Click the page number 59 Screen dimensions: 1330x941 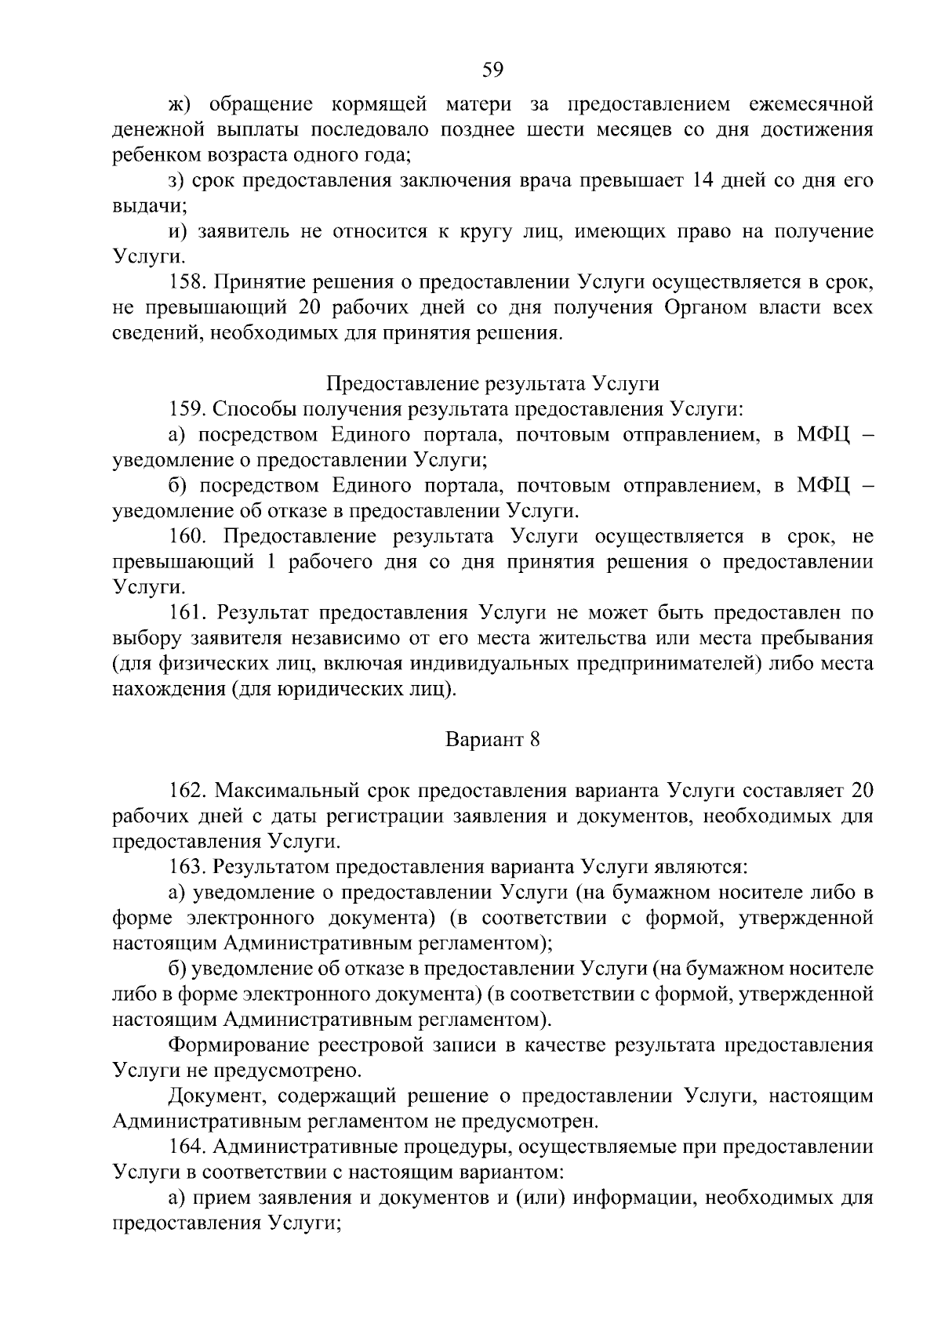[x=492, y=70]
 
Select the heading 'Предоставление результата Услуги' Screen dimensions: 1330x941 [x=492, y=383]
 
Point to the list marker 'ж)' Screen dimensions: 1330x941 [x=181, y=104]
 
